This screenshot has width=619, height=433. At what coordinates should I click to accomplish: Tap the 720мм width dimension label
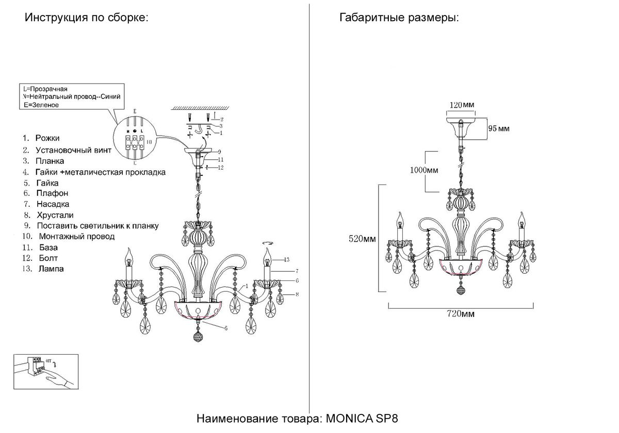coord(460,314)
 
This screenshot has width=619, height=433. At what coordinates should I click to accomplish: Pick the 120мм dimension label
coord(461,105)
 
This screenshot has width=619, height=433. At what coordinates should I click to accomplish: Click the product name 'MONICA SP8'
coord(361,418)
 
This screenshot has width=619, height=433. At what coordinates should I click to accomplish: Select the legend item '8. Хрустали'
coord(50,215)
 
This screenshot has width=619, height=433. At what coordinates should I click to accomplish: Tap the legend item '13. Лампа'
coord(43,269)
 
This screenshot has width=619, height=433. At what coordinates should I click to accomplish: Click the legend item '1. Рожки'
coord(41,139)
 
